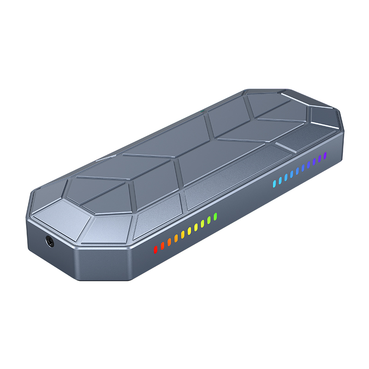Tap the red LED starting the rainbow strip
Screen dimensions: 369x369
coord(155,249)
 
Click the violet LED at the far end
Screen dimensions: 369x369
coord(325,155)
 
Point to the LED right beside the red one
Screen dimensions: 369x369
coord(162,245)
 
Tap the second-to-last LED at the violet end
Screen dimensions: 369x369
coord(320,158)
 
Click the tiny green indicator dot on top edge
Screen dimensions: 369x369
coord(202,111)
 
